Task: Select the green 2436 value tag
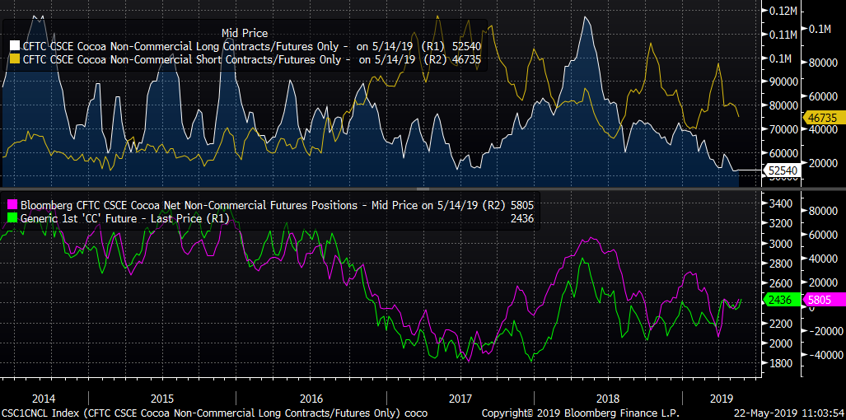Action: click(x=779, y=301)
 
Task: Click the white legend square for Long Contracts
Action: click(x=14, y=46)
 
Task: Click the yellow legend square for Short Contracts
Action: click(x=14, y=59)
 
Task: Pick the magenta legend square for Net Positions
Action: click(x=12, y=203)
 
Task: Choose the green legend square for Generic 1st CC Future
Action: click(x=12, y=217)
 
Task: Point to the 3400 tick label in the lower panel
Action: click(x=779, y=203)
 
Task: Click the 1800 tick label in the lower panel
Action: click(x=779, y=363)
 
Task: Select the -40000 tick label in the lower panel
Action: click(x=815, y=355)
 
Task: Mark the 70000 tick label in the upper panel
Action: click(x=778, y=129)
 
